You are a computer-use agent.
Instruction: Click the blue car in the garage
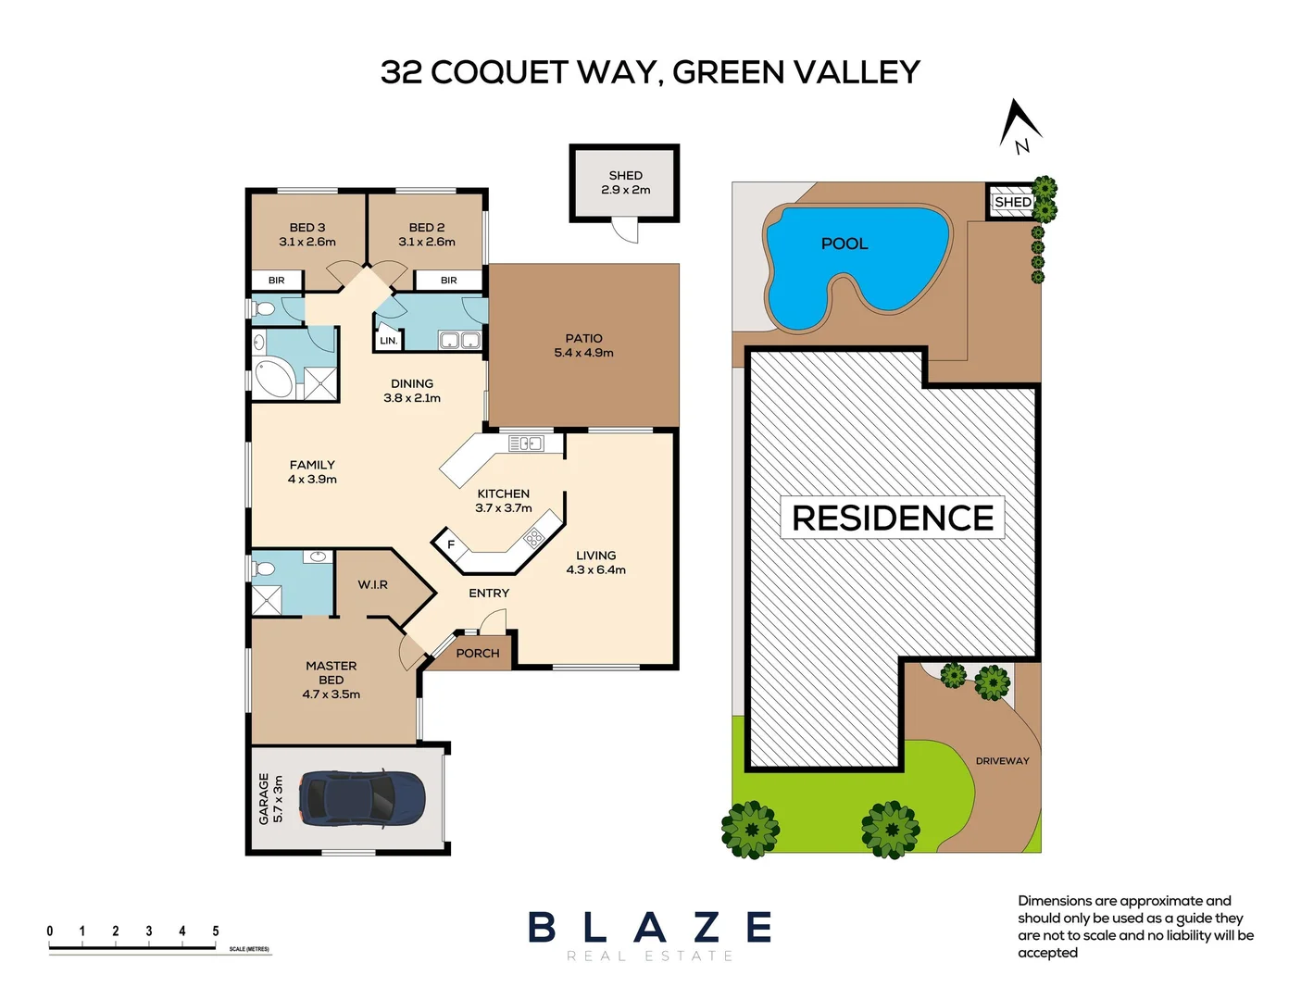click(x=363, y=797)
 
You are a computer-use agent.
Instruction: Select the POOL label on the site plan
click(x=844, y=244)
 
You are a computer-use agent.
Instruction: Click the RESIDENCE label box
click(x=893, y=518)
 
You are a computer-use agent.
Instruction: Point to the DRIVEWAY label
click(x=1002, y=761)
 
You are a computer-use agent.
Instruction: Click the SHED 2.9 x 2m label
click(x=625, y=182)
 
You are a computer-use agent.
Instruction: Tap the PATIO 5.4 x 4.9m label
click(x=583, y=345)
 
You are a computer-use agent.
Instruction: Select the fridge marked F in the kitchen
click(x=451, y=544)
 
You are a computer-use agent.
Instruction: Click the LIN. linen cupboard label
click(x=388, y=341)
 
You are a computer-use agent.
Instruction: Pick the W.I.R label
click(x=372, y=584)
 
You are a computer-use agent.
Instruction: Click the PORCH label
click(x=477, y=653)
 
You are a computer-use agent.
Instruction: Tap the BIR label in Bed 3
click(x=276, y=280)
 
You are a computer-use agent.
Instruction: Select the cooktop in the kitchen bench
click(x=534, y=536)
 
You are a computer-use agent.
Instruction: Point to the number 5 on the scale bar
click(x=216, y=931)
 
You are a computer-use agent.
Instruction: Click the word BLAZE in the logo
click(x=649, y=927)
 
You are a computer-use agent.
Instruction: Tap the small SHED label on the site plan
click(x=1012, y=202)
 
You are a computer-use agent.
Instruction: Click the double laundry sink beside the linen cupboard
click(x=459, y=341)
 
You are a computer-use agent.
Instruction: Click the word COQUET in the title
click(x=498, y=72)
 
